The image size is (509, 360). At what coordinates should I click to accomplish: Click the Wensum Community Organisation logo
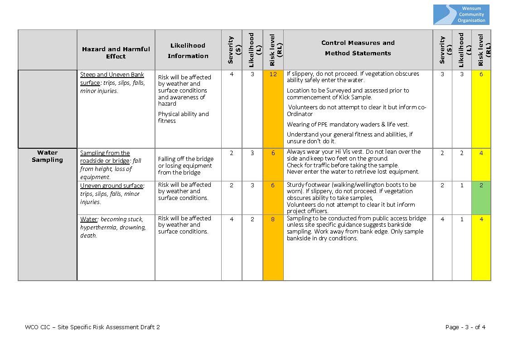[x=461, y=15]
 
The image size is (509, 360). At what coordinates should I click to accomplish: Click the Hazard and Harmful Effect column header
[x=116, y=53]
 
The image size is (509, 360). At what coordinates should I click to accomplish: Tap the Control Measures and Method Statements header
[x=358, y=48]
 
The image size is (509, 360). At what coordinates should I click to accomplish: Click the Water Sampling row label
[x=47, y=156]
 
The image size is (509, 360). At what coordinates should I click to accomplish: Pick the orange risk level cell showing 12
[x=273, y=74]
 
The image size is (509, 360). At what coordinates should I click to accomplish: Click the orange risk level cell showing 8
[x=273, y=219]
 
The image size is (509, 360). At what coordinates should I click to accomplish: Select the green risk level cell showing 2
[x=481, y=185]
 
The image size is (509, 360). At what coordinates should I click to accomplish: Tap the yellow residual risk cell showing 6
[x=481, y=74]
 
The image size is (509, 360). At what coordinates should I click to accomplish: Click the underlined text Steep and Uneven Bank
[x=112, y=75]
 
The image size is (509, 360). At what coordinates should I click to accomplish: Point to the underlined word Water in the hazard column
[x=89, y=219]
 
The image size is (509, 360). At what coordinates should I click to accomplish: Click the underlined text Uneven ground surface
[x=111, y=186]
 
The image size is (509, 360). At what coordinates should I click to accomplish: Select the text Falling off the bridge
[x=186, y=159]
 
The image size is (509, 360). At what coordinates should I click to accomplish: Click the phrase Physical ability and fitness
[x=183, y=117]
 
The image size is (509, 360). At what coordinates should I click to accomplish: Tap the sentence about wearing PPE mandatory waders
[x=348, y=124]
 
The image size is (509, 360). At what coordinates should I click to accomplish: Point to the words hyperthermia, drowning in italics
[x=112, y=228]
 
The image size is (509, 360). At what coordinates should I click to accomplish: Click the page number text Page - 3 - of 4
[x=465, y=327]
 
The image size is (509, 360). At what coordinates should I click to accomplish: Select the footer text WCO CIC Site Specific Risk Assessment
[x=92, y=327]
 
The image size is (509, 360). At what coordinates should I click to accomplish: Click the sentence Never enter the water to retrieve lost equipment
[x=353, y=172]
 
